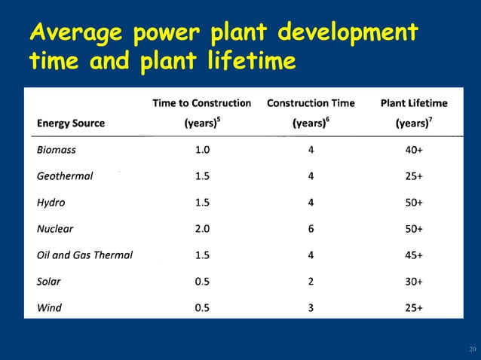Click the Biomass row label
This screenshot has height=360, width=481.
pyautogui.click(x=57, y=150)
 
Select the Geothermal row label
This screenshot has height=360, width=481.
pyautogui.click(x=65, y=176)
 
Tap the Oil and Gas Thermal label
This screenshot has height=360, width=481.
pyautogui.click(x=84, y=255)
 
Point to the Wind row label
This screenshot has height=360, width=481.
pyautogui.click(x=50, y=307)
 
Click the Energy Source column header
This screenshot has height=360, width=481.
pyautogui.click(x=71, y=123)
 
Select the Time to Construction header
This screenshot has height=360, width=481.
pyautogui.click(x=202, y=103)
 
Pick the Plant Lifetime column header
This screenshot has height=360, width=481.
pyautogui.click(x=414, y=103)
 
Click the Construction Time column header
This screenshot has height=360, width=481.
pyautogui.click(x=311, y=103)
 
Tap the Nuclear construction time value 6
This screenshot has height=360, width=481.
pyautogui.click(x=311, y=229)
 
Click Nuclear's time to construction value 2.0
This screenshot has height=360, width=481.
pyautogui.click(x=202, y=229)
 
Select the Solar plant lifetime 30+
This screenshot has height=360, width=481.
pyautogui.click(x=414, y=282)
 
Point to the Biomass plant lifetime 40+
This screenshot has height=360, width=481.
pyautogui.click(x=414, y=150)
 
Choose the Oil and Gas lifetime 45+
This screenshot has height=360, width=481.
pyautogui.click(x=414, y=255)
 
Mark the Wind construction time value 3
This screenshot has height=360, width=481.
pyautogui.click(x=311, y=307)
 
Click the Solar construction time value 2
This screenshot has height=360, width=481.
pyautogui.click(x=311, y=282)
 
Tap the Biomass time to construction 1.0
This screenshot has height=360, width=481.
pyautogui.click(x=202, y=150)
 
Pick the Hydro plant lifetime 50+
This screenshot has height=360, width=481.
pyautogui.click(x=414, y=203)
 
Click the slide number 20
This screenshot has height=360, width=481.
pyautogui.click(x=473, y=349)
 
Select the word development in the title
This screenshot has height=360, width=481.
pyautogui.click(x=346, y=34)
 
